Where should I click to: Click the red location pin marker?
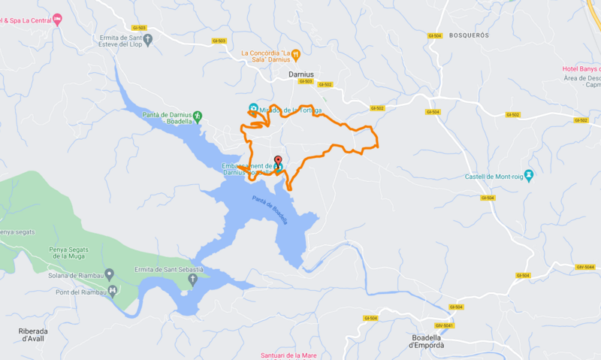pos(278,161)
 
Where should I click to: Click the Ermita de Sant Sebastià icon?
pos(192,280)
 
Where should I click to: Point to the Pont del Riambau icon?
pos(113,290)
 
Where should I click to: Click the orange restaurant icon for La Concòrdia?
pos(297,54)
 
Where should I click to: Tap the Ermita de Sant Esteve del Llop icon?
pos(148,40)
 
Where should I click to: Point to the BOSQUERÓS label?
pos(469,35)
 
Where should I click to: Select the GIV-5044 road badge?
pos(585,267)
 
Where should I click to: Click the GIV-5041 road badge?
pos(443,325)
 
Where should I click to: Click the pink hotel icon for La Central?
pos(57,20)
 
